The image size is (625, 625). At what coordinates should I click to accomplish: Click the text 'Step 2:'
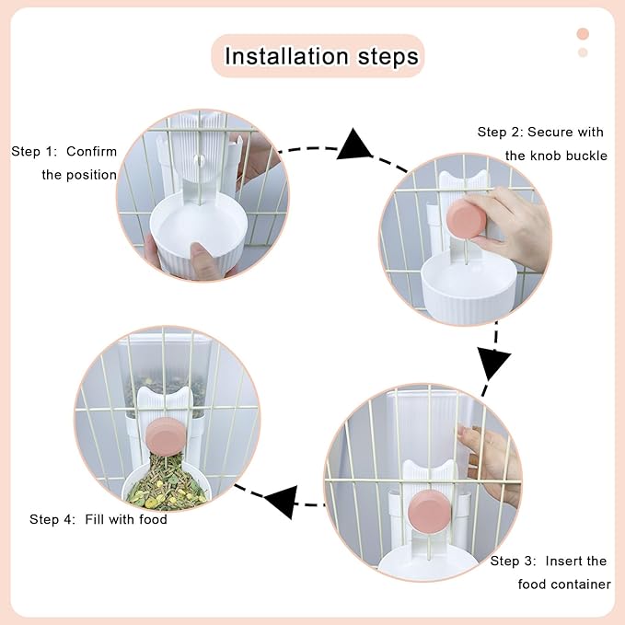pyautogui.click(x=500, y=133)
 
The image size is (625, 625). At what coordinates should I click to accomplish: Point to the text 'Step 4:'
pyautogui.click(x=52, y=519)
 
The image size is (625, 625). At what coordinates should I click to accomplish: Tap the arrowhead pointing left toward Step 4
pyautogui.click(x=282, y=503)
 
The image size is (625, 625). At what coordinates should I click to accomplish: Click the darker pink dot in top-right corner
pyautogui.click(x=582, y=34)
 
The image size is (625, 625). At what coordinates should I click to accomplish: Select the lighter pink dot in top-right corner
pyautogui.click(x=582, y=52)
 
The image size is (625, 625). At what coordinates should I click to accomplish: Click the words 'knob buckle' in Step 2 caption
pyautogui.click(x=568, y=156)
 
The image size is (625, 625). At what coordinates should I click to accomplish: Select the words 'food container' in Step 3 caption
pyautogui.click(x=563, y=584)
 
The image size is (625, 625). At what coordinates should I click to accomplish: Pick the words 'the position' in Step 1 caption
pyautogui.click(x=79, y=175)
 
